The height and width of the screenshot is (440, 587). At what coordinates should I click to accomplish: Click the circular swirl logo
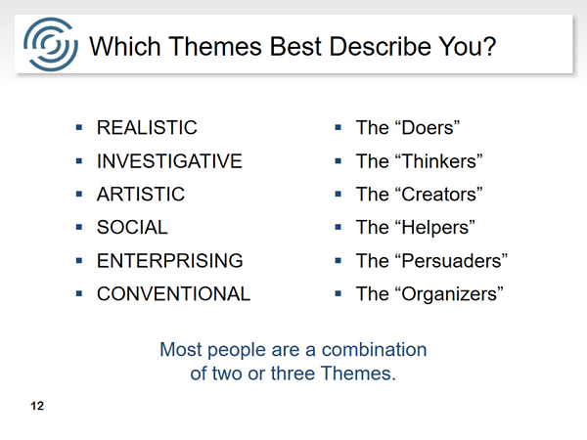(51, 44)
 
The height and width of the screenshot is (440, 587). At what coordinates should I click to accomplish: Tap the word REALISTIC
(147, 127)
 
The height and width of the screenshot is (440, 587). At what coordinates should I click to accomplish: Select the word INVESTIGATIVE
(169, 161)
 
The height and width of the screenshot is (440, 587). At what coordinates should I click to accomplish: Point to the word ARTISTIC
(141, 195)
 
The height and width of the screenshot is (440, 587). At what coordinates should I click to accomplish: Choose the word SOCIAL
(132, 227)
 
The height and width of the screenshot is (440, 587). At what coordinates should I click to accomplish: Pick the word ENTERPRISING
(170, 260)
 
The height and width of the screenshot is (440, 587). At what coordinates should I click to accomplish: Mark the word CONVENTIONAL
(173, 293)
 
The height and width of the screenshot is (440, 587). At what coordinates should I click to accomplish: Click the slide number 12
(37, 406)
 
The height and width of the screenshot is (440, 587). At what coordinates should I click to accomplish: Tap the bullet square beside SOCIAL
(79, 227)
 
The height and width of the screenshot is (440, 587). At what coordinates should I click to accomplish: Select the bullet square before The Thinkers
(339, 161)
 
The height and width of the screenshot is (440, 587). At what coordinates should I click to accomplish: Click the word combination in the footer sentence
(374, 350)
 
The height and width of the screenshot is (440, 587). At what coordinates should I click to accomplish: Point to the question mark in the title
(489, 46)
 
